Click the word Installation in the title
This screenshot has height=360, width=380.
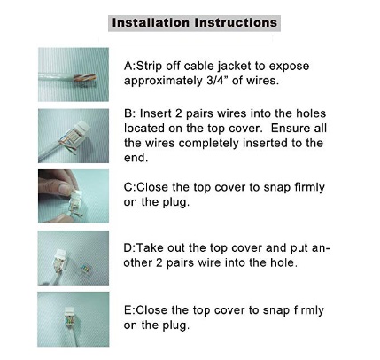click(151, 23)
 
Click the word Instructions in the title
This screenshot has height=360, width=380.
click(236, 23)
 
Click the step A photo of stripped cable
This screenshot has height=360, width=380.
click(74, 74)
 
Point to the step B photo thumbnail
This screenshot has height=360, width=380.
click(74, 136)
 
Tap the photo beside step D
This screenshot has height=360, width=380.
click(74, 258)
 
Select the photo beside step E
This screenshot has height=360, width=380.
click(74, 319)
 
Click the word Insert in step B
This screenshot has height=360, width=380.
click(156, 113)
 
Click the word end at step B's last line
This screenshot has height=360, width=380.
click(136, 158)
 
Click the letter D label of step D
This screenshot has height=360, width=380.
click(128, 248)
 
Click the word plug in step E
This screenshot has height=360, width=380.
click(175, 325)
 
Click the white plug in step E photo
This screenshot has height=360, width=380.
click(69, 317)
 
